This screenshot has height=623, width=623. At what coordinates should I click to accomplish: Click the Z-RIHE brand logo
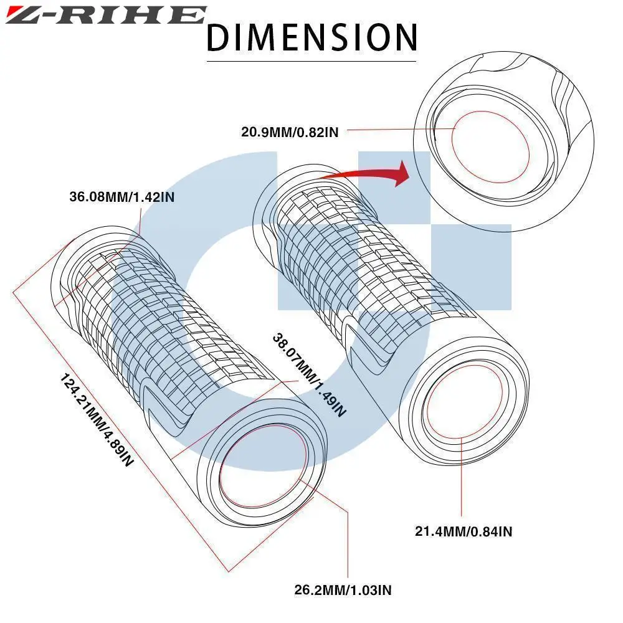[105, 15]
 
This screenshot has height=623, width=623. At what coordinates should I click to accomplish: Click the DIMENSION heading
[311, 37]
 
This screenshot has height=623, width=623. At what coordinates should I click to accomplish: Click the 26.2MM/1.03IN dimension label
[343, 589]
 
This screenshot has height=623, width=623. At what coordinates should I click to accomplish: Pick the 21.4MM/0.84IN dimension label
[464, 531]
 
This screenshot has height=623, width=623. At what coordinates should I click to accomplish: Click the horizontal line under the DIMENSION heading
[311, 61]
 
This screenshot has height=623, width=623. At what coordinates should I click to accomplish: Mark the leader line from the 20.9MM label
[399, 130]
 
